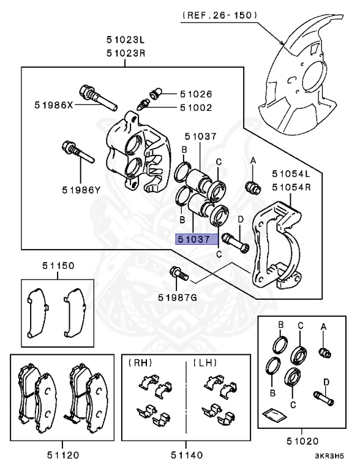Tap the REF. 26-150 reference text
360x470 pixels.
point(219,15)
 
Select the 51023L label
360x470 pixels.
point(126,40)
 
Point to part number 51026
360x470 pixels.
point(196,94)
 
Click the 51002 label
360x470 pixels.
point(196,108)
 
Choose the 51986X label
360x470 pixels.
point(54,105)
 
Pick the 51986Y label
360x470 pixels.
point(81,190)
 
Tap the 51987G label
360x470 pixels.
point(178,297)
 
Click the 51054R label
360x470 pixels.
point(291,187)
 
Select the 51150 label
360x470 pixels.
point(58,266)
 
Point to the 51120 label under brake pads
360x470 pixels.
point(62,455)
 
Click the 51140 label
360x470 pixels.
point(187,455)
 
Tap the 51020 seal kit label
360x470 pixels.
point(302,441)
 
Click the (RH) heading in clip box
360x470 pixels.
point(140,363)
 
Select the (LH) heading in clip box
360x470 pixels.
point(205,363)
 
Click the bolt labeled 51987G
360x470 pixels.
point(179,274)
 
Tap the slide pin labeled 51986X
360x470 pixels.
point(98,98)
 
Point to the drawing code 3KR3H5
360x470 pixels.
point(329,456)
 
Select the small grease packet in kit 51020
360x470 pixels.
point(274,414)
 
